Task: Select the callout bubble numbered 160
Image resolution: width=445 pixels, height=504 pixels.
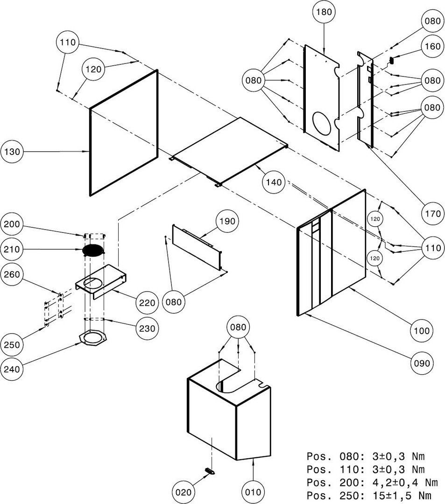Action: click(432, 46)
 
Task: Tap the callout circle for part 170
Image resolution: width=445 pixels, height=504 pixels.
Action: click(432, 214)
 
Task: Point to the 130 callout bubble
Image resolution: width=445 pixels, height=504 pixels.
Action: click(13, 152)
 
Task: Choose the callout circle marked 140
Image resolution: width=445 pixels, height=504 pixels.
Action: click(275, 182)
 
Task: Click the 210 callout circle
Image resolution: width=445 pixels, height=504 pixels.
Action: click(13, 250)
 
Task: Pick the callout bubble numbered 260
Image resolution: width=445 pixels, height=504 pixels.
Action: click(13, 274)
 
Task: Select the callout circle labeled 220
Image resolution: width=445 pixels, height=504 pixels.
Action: click(148, 302)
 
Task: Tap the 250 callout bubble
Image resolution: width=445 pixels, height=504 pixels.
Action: click(13, 345)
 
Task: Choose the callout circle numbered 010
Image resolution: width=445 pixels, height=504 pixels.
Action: click(253, 491)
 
